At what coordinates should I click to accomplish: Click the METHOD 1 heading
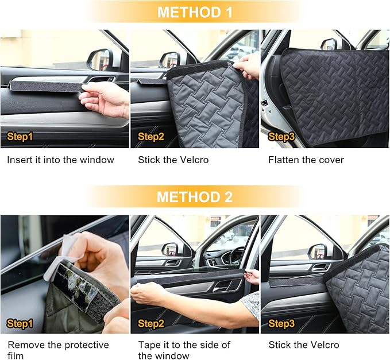(195, 12)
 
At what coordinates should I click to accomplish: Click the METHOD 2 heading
(195, 197)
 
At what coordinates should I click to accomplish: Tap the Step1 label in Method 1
(20, 137)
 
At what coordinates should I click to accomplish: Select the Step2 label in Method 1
(151, 137)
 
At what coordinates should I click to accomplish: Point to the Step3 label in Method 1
(281, 137)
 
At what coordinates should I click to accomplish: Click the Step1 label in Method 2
(20, 324)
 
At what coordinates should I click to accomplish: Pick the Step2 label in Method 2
(151, 324)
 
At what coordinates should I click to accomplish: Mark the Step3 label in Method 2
(281, 324)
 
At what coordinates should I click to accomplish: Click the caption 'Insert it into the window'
(60, 160)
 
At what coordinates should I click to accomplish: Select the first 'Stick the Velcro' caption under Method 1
(173, 160)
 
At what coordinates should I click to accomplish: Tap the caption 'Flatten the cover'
(306, 160)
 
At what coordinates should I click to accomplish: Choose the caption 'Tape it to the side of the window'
(184, 350)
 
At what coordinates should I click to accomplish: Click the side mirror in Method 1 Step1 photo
(101, 59)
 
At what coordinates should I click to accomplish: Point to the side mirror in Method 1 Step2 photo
(170, 59)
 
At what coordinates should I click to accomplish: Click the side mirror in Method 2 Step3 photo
(317, 251)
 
